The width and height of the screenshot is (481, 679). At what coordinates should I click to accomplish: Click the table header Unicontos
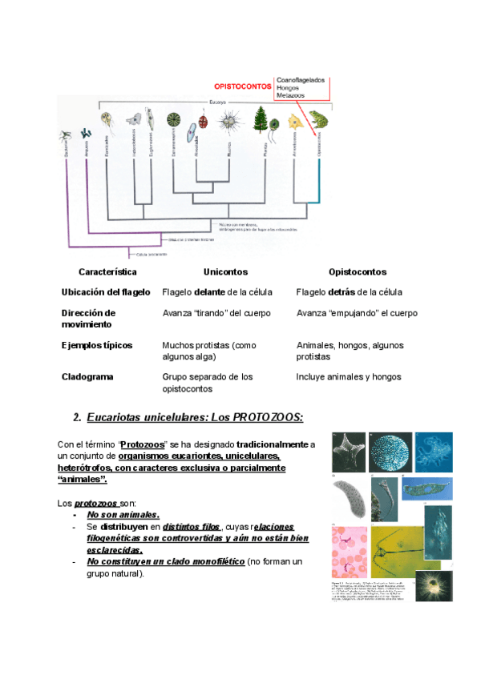click(225, 272)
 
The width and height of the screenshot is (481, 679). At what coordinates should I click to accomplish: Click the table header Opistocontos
click(352, 272)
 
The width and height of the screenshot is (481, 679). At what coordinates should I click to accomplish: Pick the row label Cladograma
click(87, 376)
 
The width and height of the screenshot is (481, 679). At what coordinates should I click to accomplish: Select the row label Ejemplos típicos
click(97, 345)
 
